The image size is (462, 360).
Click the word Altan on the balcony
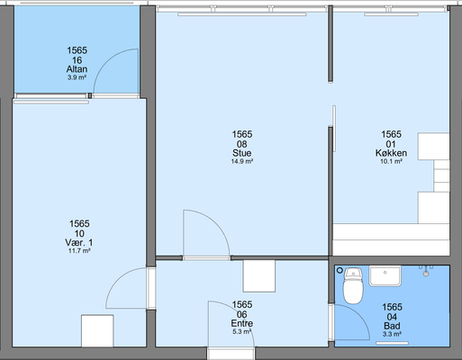point(77,69)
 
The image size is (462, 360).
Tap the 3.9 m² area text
point(77,77)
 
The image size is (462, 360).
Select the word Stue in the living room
point(241,153)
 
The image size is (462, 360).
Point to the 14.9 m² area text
point(241,161)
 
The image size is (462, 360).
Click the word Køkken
point(391,153)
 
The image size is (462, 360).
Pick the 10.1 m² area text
point(391,161)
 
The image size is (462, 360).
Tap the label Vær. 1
point(79,242)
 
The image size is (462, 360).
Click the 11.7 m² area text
point(79,251)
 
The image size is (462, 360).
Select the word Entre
point(241,323)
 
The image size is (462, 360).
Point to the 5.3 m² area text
point(241,332)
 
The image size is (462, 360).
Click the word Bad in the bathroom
point(392,326)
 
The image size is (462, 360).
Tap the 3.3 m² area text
point(392,334)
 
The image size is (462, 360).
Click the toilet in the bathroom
point(353,286)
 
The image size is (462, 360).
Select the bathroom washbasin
point(385,276)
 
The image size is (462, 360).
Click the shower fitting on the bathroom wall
point(426,270)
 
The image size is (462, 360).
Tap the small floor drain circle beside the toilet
point(340,270)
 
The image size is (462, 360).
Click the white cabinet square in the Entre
point(259,276)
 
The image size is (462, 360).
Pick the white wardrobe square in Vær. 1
point(97,331)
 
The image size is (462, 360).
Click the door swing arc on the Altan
point(106,62)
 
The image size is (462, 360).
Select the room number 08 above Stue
point(241,144)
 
